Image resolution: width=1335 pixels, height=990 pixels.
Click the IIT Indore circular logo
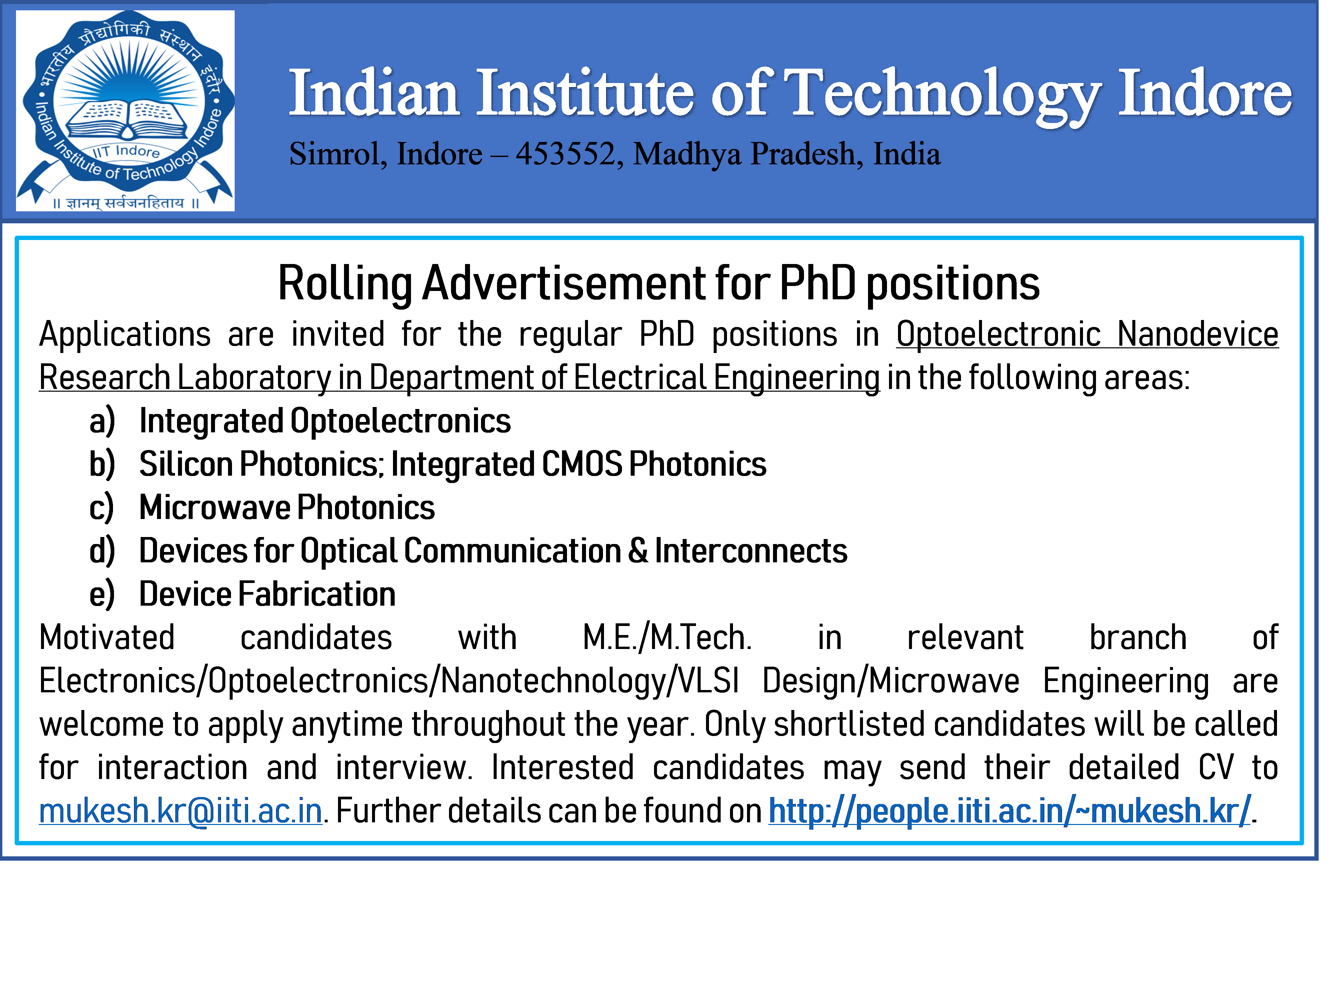[125, 111]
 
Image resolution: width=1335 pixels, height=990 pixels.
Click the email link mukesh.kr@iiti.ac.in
[180, 811]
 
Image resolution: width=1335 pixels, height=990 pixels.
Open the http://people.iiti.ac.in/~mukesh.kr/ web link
[1010, 811]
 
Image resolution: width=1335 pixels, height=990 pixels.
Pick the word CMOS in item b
[582, 464]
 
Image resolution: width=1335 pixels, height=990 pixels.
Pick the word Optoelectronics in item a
[401, 421]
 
